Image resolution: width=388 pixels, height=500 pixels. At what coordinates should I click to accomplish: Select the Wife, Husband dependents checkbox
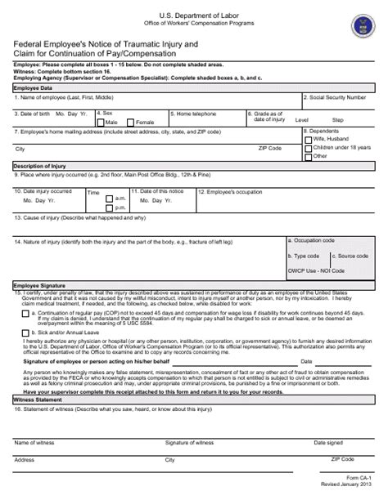(x=308, y=140)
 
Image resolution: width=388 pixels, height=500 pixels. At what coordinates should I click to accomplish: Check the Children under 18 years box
(x=308, y=147)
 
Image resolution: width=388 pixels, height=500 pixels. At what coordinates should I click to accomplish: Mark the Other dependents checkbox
(x=308, y=155)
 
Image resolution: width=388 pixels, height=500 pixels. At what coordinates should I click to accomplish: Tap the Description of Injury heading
(x=39, y=165)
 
